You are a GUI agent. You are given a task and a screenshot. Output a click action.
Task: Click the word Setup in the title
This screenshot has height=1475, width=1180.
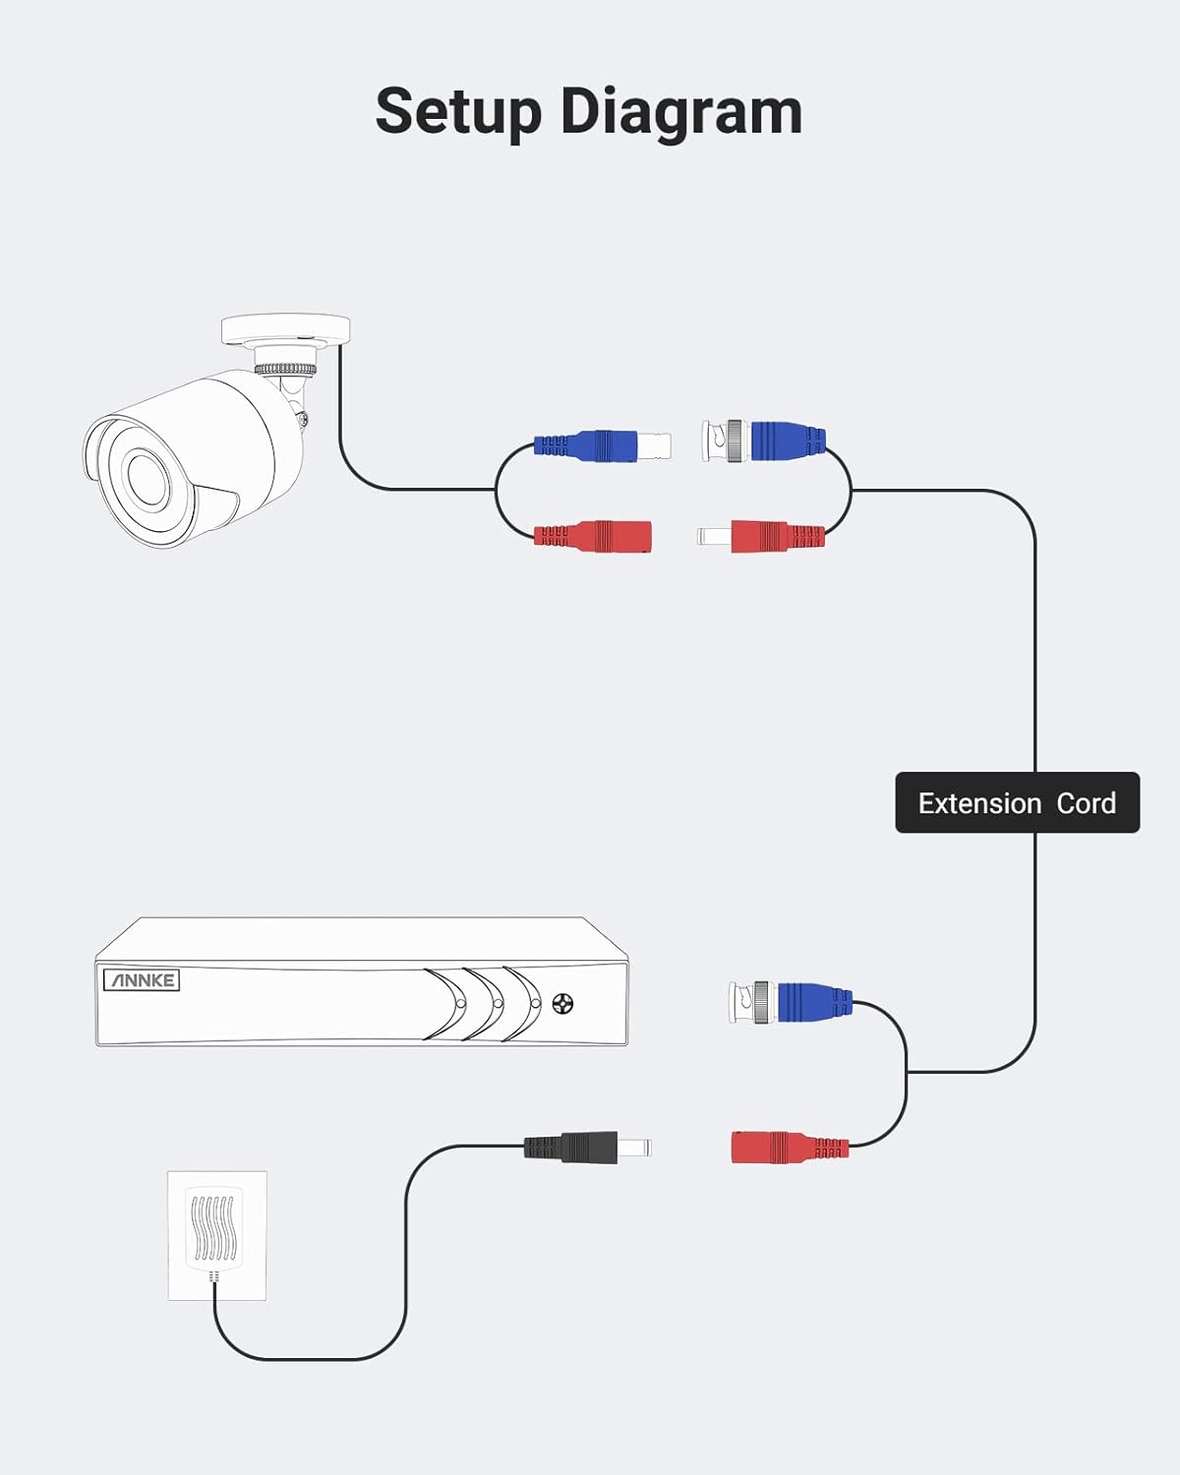pyautogui.click(x=458, y=112)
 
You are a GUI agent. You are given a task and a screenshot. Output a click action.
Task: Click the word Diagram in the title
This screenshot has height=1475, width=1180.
pyautogui.click(x=681, y=112)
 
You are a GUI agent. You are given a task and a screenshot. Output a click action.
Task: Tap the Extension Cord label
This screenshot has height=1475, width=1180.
pyautogui.click(x=1018, y=802)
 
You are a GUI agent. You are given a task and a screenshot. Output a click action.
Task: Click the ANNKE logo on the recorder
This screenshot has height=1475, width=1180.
pyautogui.click(x=142, y=979)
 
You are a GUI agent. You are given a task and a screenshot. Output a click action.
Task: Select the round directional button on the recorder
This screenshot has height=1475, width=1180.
pyautogui.click(x=562, y=1005)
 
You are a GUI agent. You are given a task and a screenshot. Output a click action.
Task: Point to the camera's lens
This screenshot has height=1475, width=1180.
pyautogui.click(x=147, y=475)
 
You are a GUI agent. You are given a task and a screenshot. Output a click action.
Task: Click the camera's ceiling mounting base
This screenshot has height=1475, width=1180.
pyautogui.click(x=286, y=329)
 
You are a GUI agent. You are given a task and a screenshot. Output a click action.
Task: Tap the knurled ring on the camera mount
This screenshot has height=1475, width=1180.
pyautogui.click(x=286, y=370)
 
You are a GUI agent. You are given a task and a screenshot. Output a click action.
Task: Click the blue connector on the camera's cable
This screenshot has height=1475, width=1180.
pyautogui.click(x=602, y=445)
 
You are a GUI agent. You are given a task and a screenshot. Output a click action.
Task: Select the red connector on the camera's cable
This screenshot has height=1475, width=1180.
pyautogui.click(x=592, y=536)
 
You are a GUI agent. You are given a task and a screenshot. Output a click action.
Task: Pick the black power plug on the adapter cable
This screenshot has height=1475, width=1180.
pyautogui.click(x=588, y=1147)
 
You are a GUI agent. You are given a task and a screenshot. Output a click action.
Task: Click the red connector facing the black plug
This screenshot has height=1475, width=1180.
pyautogui.click(x=791, y=1148)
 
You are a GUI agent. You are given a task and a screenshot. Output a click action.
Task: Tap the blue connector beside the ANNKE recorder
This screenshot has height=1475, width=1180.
pyautogui.click(x=791, y=1002)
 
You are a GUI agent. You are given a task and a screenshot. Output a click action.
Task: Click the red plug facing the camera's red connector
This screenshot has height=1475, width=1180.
pyautogui.click(x=761, y=536)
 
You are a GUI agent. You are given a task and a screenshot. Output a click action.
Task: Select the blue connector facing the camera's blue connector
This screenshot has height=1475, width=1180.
pyautogui.click(x=764, y=441)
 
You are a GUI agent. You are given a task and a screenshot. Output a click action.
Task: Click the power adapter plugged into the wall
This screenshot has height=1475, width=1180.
pyautogui.click(x=214, y=1229)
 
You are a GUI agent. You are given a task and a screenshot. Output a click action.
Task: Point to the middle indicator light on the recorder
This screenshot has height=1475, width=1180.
pyautogui.click(x=499, y=1003)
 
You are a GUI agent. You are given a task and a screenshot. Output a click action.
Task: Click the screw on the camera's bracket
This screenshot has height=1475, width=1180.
pyautogui.click(x=301, y=417)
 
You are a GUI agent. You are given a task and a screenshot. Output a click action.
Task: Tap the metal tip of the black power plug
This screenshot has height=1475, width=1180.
pyautogui.click(x=635, y=1147)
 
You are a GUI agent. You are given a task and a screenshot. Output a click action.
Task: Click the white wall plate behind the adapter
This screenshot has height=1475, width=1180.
pyautogui.click(x=217, y=1235)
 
